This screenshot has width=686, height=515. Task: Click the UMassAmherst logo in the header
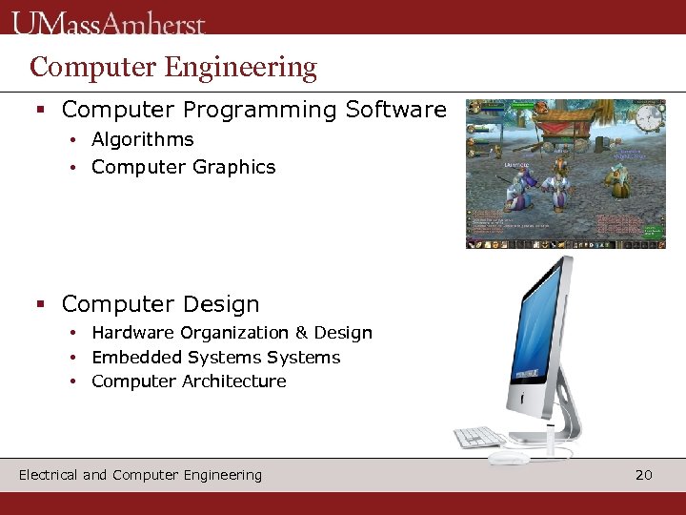coord(109,23)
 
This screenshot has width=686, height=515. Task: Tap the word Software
coord(395,111)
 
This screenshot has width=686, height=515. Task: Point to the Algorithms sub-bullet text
coord(142,139)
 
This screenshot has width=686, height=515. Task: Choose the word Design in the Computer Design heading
coord(215,304)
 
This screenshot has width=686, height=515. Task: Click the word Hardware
coord(132,333)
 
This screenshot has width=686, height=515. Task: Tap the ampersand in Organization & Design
coord(301,333)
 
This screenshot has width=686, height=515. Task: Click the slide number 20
coord(644,475)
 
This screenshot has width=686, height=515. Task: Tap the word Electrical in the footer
coord(48,475)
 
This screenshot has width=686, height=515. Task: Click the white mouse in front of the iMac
coord(510,458)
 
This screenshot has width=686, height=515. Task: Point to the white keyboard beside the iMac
coord(479,438)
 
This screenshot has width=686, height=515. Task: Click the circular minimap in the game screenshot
coord(650,118)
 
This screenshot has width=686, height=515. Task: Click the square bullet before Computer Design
coord(40,305)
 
